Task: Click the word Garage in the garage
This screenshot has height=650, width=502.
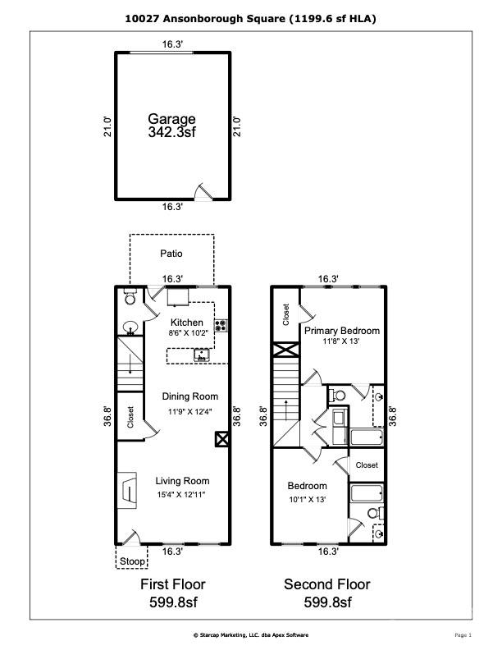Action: point(171,119)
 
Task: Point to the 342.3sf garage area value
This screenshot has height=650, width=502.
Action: point(171,131)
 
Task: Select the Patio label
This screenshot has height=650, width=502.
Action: point(171,254)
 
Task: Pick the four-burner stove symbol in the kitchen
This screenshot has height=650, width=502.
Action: point(221,324)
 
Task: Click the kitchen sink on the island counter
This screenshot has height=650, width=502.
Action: point(201,355)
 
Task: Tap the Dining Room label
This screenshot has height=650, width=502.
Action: point(189,396)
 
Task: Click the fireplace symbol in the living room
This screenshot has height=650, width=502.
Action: point(129,487)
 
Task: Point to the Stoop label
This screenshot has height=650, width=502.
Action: point(133,561)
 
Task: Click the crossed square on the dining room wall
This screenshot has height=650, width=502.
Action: point(221,439)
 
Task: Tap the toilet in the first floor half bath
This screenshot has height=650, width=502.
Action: point(130,300)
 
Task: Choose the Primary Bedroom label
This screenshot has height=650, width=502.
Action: point(342,331)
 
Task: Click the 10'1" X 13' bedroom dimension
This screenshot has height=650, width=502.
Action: point(308,499)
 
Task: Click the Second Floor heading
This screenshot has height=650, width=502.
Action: point(326,585)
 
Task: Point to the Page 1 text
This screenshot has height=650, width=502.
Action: point(463,634)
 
